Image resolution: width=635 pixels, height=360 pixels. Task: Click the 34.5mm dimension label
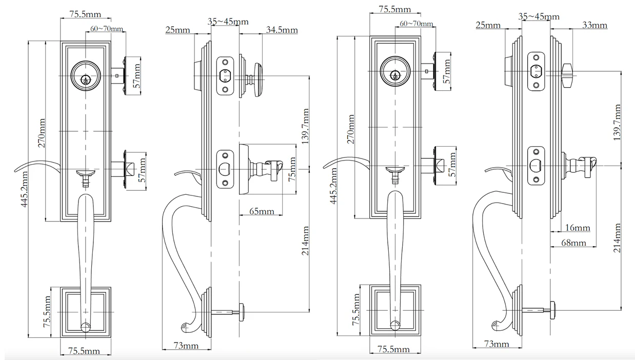click(282, 30)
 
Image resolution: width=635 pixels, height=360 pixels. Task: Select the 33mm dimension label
click(594, 25)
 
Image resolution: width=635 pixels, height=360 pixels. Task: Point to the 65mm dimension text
click(261, 211)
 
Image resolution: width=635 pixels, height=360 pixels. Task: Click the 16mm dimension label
click(577, 228)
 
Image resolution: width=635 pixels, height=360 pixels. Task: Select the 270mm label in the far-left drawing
click(42, 133)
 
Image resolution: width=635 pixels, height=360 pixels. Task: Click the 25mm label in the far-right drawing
click(488, 25)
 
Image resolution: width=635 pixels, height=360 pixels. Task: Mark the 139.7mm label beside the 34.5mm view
click(306, 126)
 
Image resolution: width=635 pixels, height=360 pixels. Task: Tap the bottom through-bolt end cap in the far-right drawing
click(553, 308)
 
